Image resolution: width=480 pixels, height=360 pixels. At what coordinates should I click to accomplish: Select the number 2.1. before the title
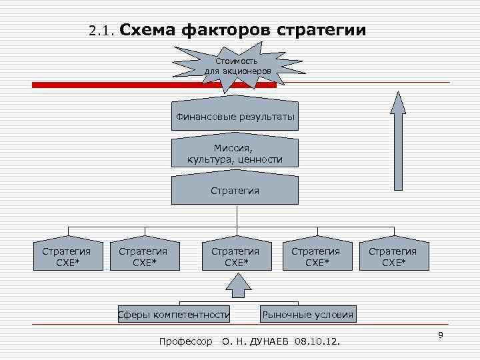tap(102, 31)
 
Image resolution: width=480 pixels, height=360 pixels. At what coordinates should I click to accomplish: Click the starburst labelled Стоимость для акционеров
tap(238, 66)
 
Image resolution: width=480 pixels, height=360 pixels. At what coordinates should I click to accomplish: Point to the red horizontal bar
tap(100, 85)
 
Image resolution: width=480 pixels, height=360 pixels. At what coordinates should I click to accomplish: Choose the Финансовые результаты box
tap(235, 117)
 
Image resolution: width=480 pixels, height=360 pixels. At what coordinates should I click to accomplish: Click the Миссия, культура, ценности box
tap(235, 153)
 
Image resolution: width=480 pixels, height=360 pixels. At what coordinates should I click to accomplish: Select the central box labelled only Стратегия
tap(235, 190)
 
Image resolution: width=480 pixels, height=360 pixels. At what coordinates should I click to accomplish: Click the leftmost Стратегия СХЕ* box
tap(67, 255)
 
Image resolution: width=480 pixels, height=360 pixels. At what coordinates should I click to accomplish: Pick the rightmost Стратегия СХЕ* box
tap(393, 255)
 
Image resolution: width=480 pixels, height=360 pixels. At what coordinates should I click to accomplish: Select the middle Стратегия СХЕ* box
tap(235, 255)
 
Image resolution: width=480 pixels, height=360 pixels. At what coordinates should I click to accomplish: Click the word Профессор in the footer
tap(186, 342)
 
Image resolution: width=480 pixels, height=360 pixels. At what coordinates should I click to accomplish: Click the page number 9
tap(441, 334)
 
